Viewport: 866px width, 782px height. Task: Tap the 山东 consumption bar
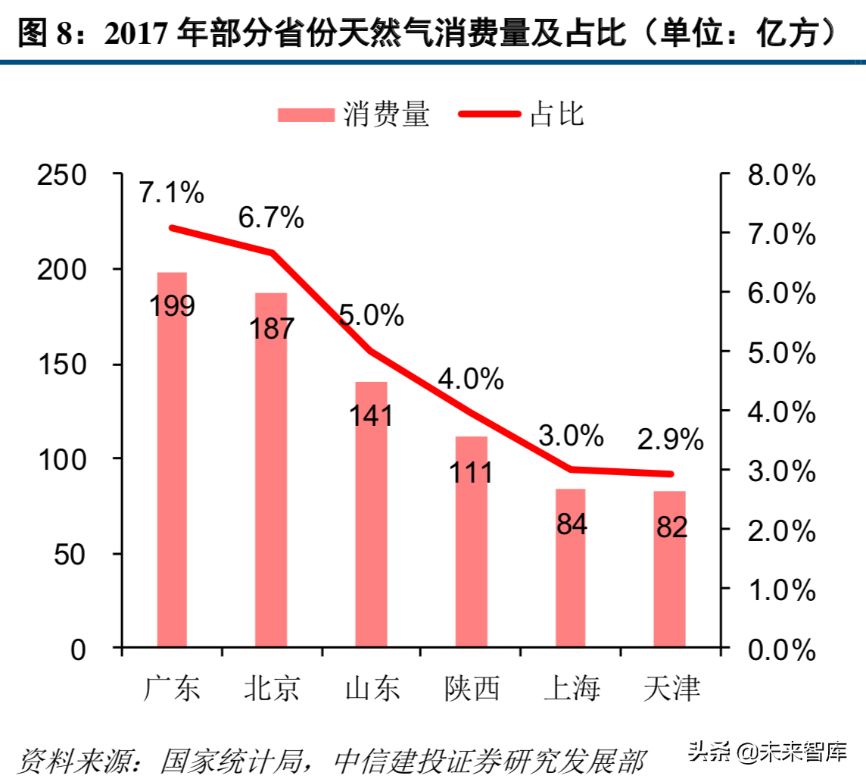tap(372, 530)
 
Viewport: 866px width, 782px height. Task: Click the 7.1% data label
tap(172, 193)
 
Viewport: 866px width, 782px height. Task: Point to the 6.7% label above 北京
tap(271, 218)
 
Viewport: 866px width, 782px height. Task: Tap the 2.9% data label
tap(670, 439)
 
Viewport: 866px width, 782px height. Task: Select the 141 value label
tap(372, 415)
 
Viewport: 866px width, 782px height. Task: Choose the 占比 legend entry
tap(522, 114)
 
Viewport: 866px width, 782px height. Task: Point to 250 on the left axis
tap(73, 175)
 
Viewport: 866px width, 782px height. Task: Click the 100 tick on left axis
tap(73, 459)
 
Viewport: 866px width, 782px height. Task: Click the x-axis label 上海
tap(571, 689)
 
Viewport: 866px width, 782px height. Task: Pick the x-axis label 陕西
tap(472, 689)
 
